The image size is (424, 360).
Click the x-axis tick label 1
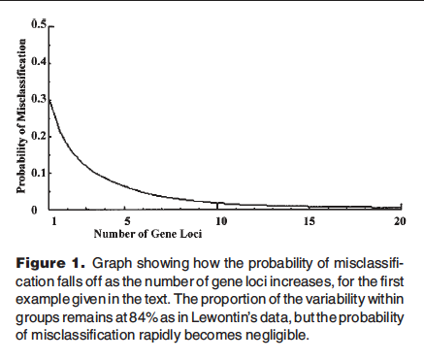tap(54, 222)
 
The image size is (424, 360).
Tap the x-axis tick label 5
tap(141, 222)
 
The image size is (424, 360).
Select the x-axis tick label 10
tap(221, 222)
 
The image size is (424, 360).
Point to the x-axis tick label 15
tap(310, 222)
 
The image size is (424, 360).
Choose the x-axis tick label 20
tap(398, 222)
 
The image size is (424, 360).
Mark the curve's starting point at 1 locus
tap(49, 99)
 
